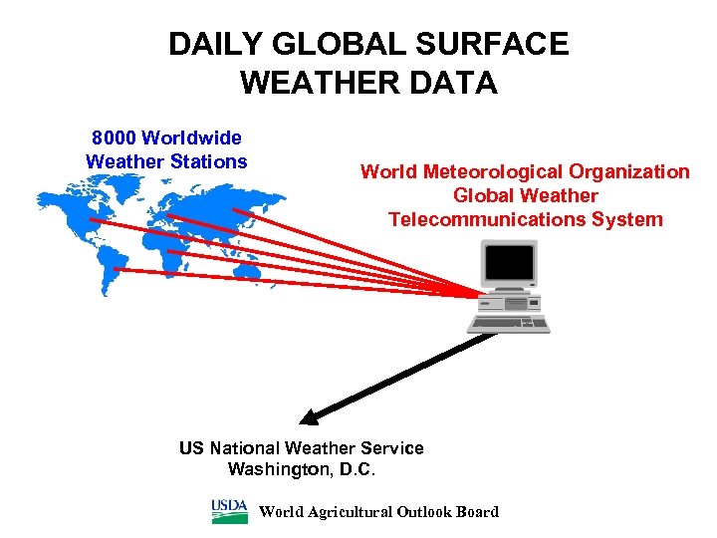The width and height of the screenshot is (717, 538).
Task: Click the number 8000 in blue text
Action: pos(114,137)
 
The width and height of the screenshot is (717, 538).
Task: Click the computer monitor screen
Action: pos(510,264)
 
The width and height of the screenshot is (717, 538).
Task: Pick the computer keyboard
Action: pos(509,324)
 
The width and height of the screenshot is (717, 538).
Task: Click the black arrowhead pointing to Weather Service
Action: pos(312,417)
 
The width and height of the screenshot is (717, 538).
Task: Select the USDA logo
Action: pos(230,511)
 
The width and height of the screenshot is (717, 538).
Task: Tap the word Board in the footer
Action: pos(474,512)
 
